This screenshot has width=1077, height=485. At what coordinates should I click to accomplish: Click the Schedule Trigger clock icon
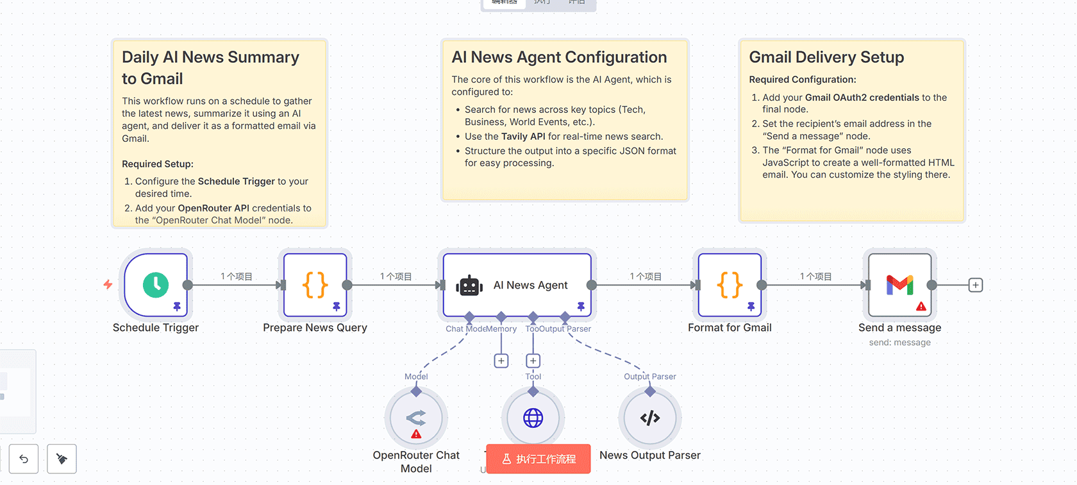point(156,285)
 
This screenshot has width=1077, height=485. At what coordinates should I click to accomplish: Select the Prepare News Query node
point(315,285)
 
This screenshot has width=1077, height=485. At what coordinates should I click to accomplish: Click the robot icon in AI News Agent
point(469,285)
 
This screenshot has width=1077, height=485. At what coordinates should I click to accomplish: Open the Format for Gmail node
point(730,285)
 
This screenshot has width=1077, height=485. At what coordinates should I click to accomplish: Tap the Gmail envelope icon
point(899,284)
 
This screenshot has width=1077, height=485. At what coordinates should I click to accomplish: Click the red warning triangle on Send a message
point(921,307)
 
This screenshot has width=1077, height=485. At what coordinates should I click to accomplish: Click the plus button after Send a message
point(975,285)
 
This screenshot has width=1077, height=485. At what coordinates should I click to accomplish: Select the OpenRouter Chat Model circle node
point(416,418)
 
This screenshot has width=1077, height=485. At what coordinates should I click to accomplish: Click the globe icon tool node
point(533,418)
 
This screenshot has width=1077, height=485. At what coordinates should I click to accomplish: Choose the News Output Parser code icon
point(650,418)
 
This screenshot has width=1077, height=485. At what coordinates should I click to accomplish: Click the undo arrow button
point(24,459)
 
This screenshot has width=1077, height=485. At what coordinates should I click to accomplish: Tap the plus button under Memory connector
point(501,361)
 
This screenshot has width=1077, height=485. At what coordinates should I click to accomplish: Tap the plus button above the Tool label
point(533,361)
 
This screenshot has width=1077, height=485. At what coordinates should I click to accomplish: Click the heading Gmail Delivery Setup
point(826,57)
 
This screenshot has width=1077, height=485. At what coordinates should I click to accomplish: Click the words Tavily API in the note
point(522,137)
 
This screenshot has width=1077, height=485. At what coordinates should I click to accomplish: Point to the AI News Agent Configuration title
point(559,57)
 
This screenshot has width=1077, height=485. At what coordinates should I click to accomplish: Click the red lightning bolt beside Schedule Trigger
point(108,284)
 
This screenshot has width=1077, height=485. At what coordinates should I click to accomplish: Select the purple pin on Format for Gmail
point(751,307)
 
